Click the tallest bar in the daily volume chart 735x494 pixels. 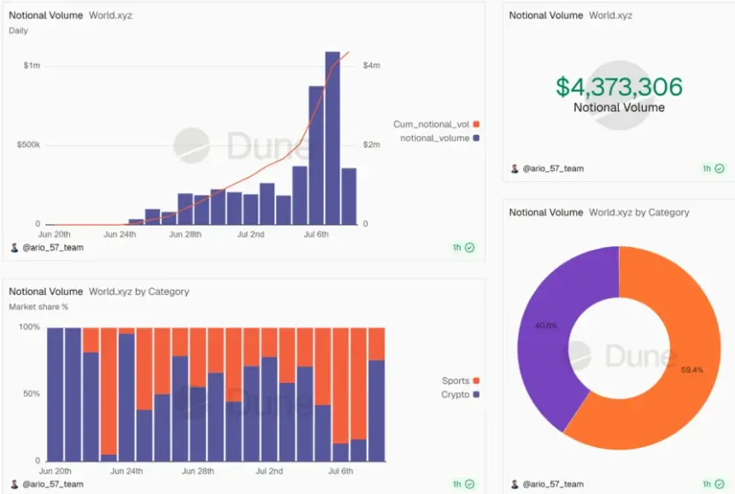[x=332, y=138]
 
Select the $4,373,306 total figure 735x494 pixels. [x=619, y=86]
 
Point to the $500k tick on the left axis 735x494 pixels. [x=28, y=144]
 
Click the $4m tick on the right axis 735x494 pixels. [x=371, y=66]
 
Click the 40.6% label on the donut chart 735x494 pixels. [x=546, y=326]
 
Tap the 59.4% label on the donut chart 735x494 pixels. [x=692, y=370]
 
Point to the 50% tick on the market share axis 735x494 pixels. [x=32, y=394]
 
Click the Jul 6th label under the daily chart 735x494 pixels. [x=316, y=234]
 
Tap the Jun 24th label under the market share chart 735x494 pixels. [x=126, y=471]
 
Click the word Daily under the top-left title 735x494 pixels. [x=18, y=31]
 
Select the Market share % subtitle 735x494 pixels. [x=38, y=307]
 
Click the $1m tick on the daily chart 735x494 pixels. [x=32, y=66]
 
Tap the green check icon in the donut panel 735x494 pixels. [x=720, y=484]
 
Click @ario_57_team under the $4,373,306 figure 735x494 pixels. [x=553, y=168]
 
